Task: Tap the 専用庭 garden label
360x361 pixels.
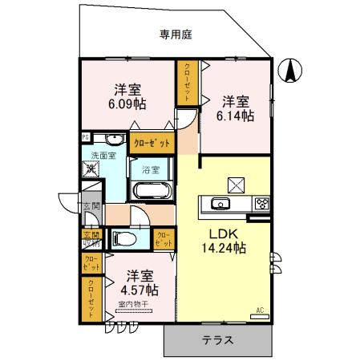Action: click(x=176, y=34)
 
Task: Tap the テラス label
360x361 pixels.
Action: click(x=218, y=339)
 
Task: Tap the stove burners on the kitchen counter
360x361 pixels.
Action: click(x=261, y=204)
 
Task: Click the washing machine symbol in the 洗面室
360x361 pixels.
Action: click(x=90, y=169)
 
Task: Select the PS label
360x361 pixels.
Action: click(x=85, y=137)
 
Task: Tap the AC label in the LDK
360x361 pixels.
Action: click(x=260, y=309)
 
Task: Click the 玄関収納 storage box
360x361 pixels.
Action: click(x=91, y=239)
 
